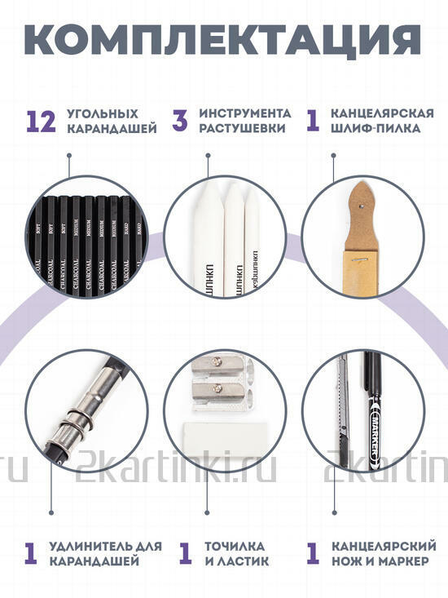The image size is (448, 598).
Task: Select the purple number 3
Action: click(x=180, y=121)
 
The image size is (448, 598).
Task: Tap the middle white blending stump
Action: click(x=231, y=237)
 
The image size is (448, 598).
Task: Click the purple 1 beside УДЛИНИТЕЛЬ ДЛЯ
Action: click(x=31, y=552)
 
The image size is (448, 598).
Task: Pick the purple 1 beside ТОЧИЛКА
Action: click(x=186, y=552)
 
